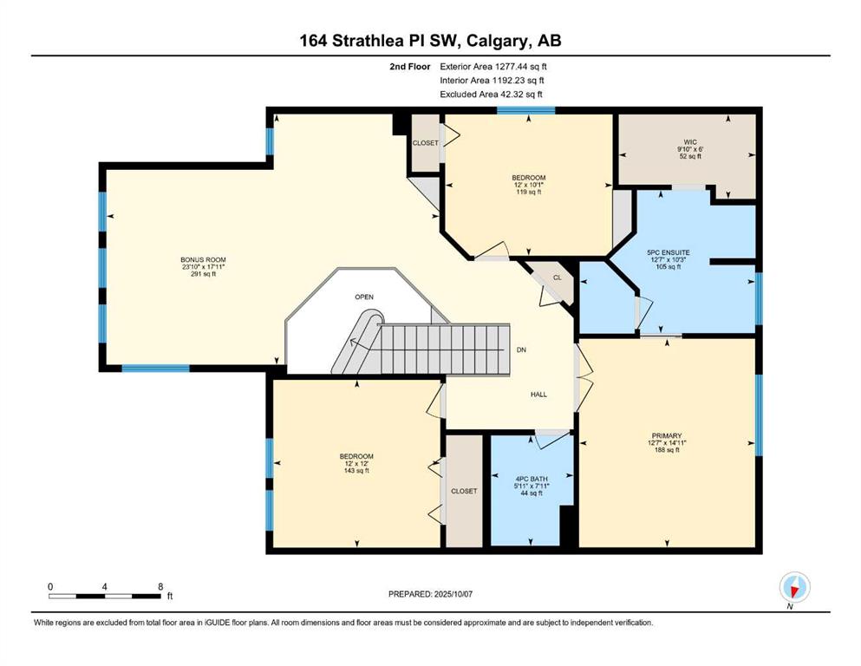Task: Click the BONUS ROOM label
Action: [203, 259]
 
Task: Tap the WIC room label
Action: [690, 142]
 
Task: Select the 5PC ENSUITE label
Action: [669, 252]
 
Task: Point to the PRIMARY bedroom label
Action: [667, 436]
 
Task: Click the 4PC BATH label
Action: [531, 479]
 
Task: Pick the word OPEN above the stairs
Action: [364, 297]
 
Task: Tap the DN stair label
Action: [522, 349]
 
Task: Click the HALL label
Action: [538, 395]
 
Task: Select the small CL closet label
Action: [558, 277]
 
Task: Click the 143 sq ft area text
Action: [356, 471]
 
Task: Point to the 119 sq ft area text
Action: [528, 193]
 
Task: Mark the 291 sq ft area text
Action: [203, 274]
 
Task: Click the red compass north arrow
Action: [793, 591]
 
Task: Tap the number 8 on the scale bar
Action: [160, 586]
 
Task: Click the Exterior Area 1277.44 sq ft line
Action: [493, 67]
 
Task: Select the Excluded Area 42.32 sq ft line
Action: [491, 94]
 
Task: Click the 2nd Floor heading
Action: [409, 67]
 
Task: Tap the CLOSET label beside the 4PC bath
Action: [464, 491]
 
